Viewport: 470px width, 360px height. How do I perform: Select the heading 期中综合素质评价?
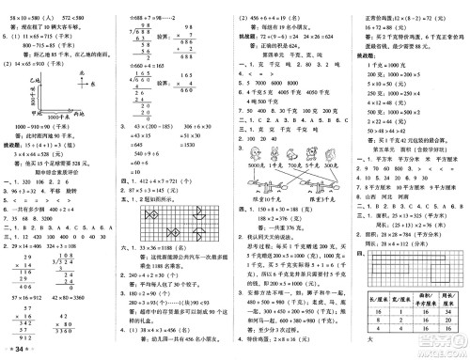click(56, 189)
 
